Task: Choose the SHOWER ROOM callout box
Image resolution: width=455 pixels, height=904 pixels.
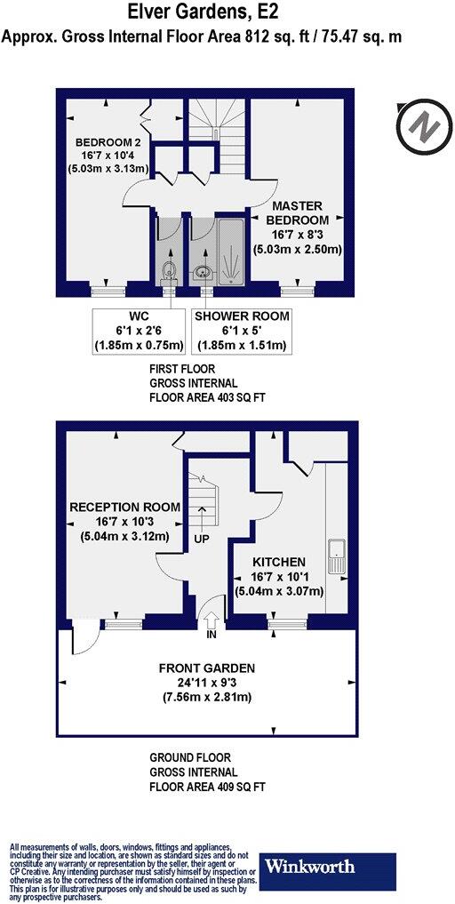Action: point(242,331)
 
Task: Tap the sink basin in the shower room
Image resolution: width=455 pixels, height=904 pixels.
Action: point(204,272)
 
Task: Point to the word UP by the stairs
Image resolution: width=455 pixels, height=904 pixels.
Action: point(204,539)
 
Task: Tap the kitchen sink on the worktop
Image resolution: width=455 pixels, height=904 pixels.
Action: point(337,555)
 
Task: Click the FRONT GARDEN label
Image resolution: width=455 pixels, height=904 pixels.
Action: point(207,668)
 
